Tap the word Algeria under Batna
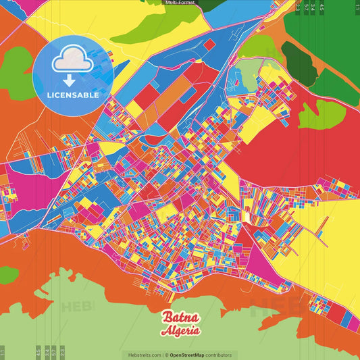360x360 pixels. point(180,331)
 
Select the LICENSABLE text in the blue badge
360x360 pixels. point(73,95)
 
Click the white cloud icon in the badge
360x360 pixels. point(73,61)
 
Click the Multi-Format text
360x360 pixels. point(180,3)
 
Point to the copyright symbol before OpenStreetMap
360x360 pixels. point(167,355)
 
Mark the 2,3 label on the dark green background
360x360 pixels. point(298,8)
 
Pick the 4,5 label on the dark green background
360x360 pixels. point(322,8)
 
